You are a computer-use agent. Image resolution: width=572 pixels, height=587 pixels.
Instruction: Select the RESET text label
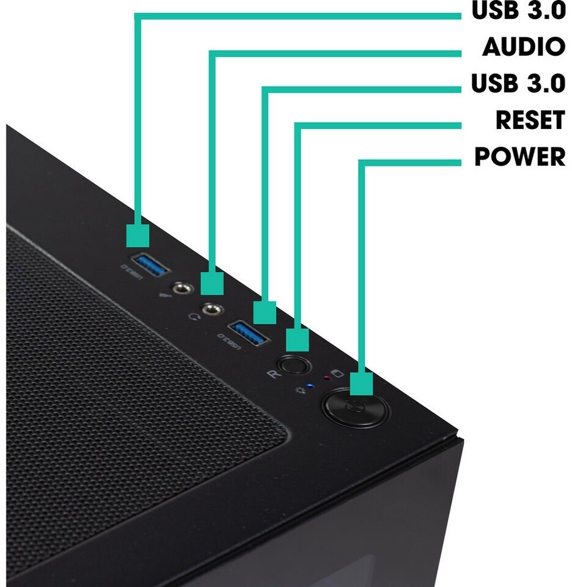tap(530, 120)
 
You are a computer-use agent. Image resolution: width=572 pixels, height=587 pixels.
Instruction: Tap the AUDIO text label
tap(524, 46)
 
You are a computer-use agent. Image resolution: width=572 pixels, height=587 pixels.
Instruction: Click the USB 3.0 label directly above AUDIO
tap(518, 10)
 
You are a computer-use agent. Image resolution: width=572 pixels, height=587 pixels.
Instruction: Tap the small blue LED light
tap(310, 386)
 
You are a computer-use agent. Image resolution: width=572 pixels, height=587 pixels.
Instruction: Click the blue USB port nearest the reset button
tap(248, 333)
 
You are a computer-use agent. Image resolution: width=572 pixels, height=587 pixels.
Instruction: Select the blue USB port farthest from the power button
tap(149, 265)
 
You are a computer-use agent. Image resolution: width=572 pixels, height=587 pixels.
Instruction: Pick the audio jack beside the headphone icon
tap(213, 310)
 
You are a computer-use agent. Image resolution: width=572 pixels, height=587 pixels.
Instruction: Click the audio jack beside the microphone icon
tap(183, 289)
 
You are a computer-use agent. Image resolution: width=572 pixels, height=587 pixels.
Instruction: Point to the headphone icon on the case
tap(193, 317)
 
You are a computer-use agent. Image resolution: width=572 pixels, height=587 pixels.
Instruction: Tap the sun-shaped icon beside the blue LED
tap(299, 391)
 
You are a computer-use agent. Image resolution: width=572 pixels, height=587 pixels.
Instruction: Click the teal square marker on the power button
tap(362, 384)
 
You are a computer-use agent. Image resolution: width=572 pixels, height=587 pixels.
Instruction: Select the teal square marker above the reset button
tap(298, 340)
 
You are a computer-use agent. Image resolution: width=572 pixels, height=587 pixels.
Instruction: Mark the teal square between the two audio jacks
tap(212, 284)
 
